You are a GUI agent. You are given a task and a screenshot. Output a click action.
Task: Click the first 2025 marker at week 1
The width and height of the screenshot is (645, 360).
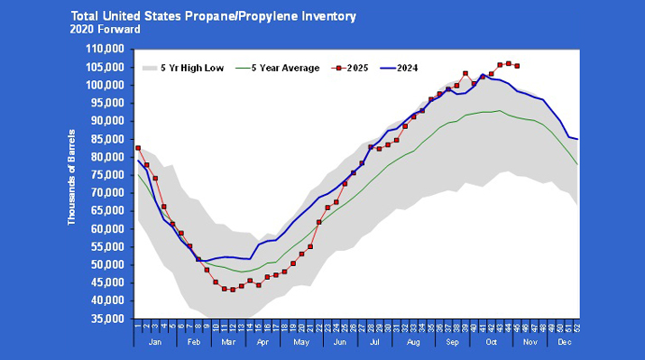coord(138,148)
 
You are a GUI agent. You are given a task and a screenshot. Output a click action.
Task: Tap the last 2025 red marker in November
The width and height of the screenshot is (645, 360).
coord(517,66)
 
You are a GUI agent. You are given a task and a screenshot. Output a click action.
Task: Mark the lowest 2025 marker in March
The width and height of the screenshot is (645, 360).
coord(233,290)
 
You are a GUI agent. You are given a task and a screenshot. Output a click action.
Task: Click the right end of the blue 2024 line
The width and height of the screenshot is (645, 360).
coord(577,139)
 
